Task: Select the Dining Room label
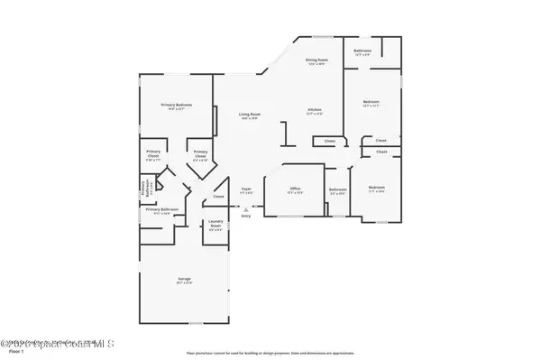[316, 60]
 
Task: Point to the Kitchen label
[314, 111]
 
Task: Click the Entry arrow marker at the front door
[245, 208]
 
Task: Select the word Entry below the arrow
[245, 216]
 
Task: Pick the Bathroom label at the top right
[362, 50]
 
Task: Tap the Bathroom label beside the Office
[338, 189]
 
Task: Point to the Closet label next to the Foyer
[218, 196]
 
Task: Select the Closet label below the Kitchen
[329, 141]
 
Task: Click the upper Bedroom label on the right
[371, 102]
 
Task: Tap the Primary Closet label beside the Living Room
[201, 152]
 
